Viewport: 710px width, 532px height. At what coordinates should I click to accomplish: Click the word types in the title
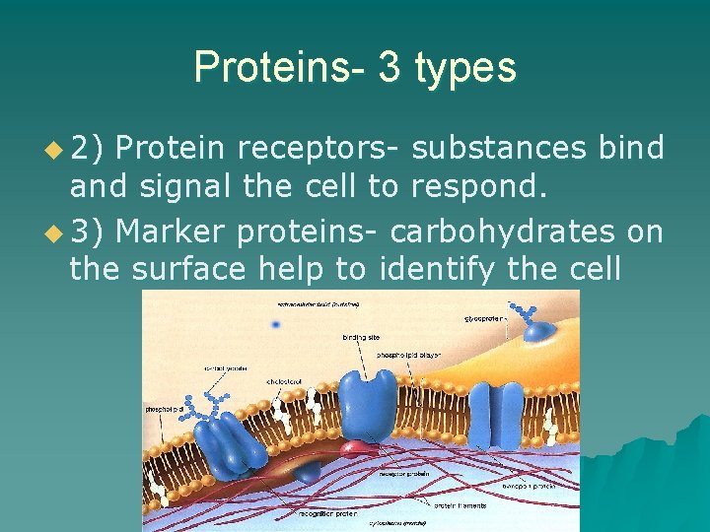[465, 67]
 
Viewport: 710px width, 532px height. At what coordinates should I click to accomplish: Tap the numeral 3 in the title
[387, 67]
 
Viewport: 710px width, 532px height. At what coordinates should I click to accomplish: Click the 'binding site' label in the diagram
[361, 338]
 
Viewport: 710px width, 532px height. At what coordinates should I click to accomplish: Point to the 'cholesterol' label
[283, 381]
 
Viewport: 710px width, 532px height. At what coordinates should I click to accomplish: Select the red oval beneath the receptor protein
[362, 449]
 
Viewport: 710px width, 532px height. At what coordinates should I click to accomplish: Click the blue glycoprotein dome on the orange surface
[538, 332]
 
